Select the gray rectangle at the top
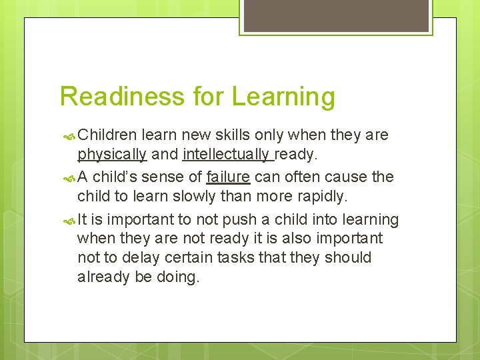pyautogui.click(x=336, y=15)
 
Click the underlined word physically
pyautogui.click(x=111, y=155)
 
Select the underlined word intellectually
pyautogui.click(x=227, y=155)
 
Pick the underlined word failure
pyautogui.click(x=228, y=177)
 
